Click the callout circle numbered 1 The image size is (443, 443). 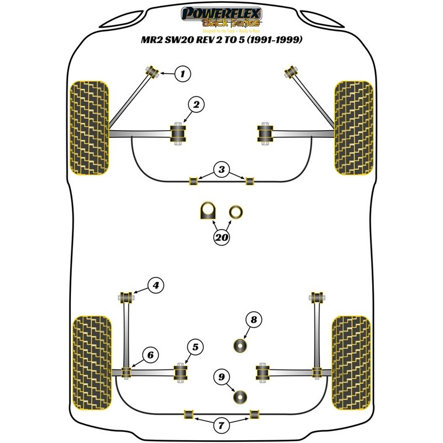point(183,73)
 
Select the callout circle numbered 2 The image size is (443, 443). point(197,103)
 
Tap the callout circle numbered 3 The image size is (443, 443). point(222,169)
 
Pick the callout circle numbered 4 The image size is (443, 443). point(156,286)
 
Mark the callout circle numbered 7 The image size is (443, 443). point(221,426)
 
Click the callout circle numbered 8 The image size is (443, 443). point(254,320)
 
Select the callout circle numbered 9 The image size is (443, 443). point(221,377)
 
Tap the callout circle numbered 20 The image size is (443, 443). point(221,239)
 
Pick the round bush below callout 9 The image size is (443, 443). point(240,397)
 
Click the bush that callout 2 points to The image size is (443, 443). point(178,132)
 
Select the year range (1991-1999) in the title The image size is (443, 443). point(271,40)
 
